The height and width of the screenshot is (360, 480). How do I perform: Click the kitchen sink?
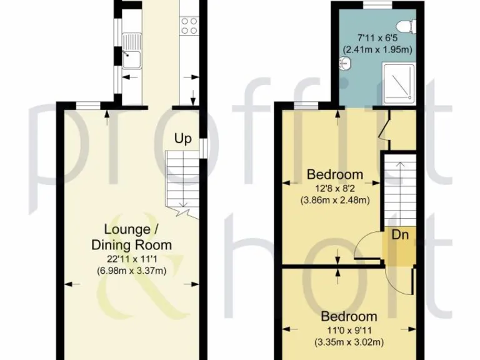pos(132,58)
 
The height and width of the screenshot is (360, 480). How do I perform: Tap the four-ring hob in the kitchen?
pos(189,26)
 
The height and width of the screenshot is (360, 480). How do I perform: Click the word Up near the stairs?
pos(182,138)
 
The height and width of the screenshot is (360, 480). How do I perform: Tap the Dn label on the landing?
pos(400,235)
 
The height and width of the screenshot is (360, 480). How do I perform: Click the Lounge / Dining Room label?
pos(131,237)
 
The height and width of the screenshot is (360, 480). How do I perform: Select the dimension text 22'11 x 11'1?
pos(131,258)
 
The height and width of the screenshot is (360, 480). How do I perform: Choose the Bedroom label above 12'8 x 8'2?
pos(334,174)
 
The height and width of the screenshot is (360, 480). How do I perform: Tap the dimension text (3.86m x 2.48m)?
pos(334,200)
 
